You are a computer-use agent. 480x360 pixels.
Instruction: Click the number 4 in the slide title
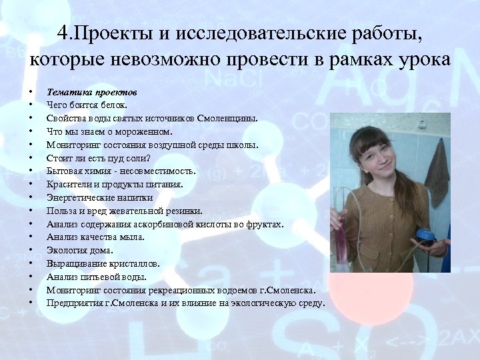coord(61,33)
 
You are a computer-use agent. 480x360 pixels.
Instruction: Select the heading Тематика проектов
coord(92,91)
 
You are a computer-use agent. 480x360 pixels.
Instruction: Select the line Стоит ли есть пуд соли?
coord(99,158)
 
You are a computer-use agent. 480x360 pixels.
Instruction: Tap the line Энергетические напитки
coord(99,197)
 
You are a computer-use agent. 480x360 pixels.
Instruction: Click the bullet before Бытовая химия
coord(31,171)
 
